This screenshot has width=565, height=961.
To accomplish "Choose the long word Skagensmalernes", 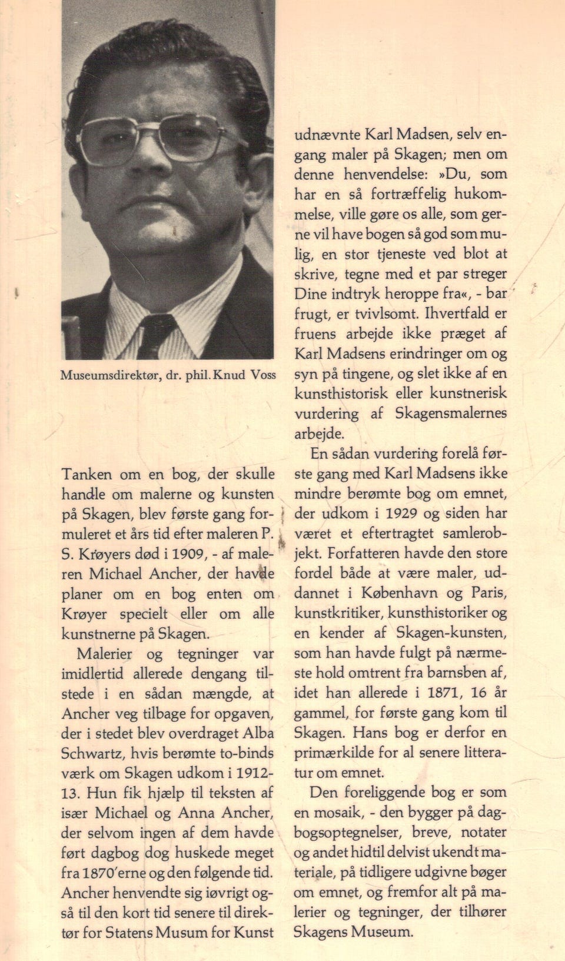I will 451,413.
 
